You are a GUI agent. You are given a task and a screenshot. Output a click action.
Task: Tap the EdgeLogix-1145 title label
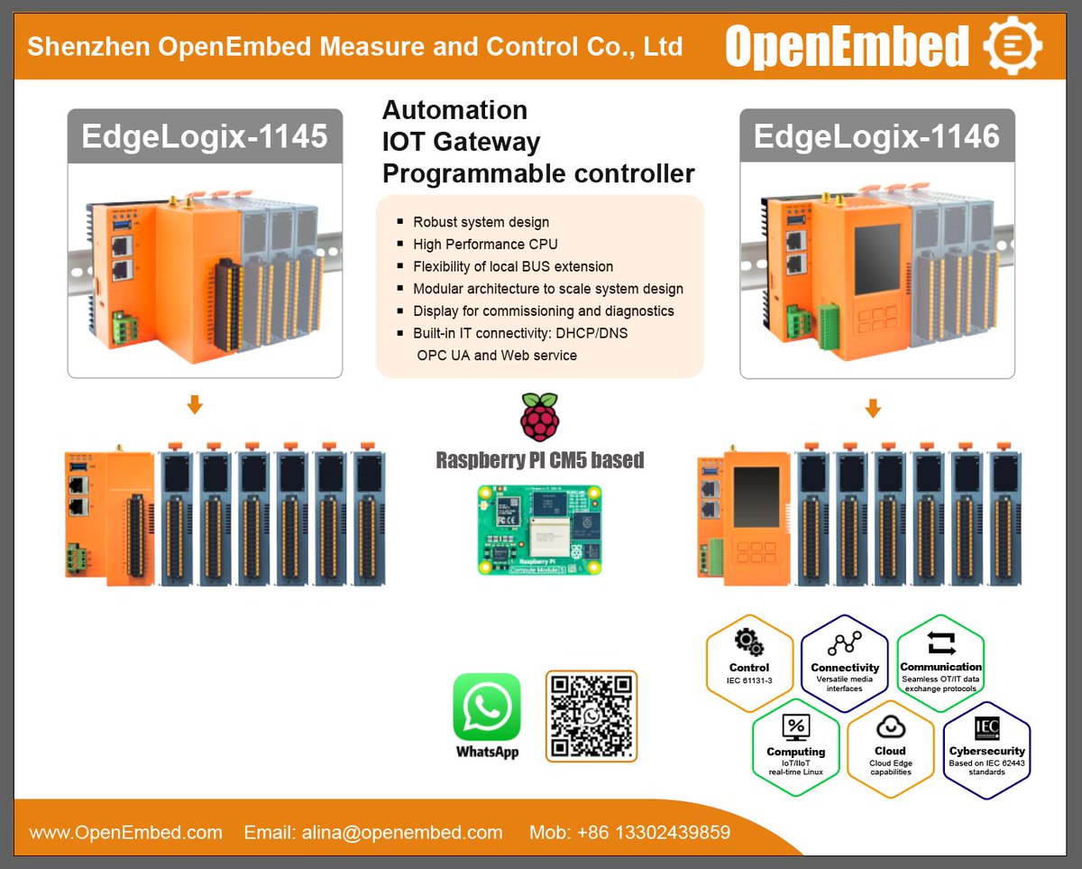[x=205, y=136]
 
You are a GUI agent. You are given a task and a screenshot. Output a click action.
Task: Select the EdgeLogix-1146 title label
[x=876, y=136]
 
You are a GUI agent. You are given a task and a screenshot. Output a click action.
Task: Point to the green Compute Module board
[x=539, y=529]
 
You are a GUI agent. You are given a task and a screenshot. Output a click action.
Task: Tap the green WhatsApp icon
[x=487, y=707]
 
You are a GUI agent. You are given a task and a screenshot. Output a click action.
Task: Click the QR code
[x=591, y=716]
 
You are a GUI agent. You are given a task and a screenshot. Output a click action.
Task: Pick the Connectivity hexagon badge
[x=845, y=662]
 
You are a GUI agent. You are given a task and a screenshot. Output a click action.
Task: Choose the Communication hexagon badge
[x=940, y=662]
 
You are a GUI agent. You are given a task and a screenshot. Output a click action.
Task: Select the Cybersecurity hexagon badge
[x=986, y=747]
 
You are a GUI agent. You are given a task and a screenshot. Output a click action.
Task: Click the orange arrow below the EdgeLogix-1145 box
[x=195, y=406]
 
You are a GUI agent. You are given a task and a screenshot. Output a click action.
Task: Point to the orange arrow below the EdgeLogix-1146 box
[x=872, y=409]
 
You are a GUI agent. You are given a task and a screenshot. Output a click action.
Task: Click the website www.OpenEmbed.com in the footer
[x=125, y=832]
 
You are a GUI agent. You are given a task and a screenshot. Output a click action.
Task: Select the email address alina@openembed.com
[x=373, y=832]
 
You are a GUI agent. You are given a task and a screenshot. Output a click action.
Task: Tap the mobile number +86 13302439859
[x=629, y=832]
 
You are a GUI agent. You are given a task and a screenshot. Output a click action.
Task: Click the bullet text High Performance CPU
[x=485, y=244]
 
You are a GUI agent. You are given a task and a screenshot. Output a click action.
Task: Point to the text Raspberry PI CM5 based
[x=540, y=460]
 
